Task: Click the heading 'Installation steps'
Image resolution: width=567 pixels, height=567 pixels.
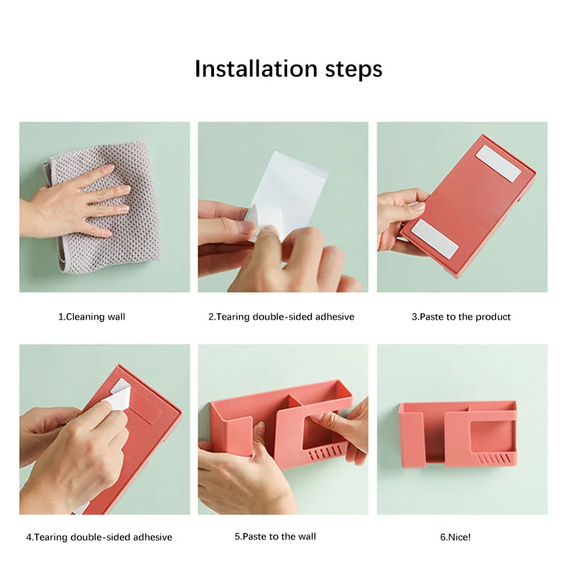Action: click(x=288, y=69)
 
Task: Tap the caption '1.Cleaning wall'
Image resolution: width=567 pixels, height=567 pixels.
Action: click(x=91, y=317)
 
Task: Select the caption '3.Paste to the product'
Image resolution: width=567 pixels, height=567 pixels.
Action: click(x=461, y=317)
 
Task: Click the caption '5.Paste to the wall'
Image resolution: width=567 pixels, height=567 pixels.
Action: click(x=275, y=537)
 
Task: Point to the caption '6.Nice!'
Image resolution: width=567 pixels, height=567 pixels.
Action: click(x=455, y=537)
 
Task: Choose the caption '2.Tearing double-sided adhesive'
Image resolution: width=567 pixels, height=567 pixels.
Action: click(x=281, y=317)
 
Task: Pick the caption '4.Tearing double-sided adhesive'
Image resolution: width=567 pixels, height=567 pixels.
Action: click(x=99, y=537)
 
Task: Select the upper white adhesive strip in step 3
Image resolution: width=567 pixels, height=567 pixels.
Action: click(x=498, y=164)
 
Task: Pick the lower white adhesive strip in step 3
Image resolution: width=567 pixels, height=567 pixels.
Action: click(x=434, y=239)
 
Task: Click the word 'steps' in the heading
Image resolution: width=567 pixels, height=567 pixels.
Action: click(x=354, y=70)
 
